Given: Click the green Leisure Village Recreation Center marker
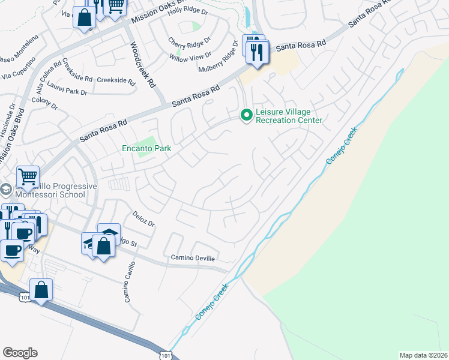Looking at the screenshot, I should [x=246, y=114].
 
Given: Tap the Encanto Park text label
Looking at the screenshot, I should [x=147, y=148].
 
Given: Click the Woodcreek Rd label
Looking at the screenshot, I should [x=143, y=65].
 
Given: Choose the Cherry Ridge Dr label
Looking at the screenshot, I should [x=190, y=43].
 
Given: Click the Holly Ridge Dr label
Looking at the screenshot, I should [x=187, y=11].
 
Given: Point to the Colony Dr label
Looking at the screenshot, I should [x=45, y=104].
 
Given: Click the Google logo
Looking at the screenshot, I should [x=20, y=353].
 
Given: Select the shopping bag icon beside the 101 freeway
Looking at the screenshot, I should [x=41, y=290].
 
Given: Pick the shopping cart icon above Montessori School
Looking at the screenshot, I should [x=28, y=176].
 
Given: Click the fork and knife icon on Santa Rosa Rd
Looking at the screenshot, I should [x=258, y=52].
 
